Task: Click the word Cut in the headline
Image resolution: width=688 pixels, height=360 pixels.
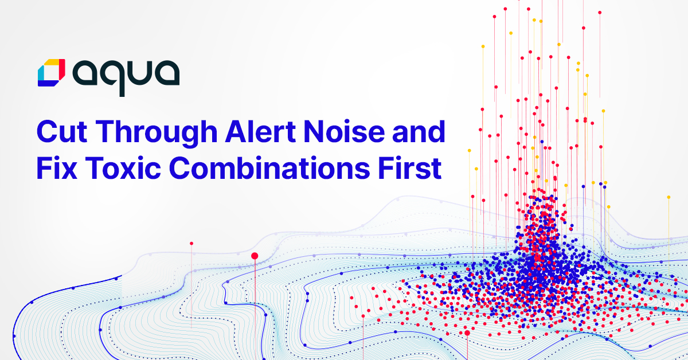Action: tap(62, 132)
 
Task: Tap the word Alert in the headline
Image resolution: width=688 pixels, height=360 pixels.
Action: tap(260, 131)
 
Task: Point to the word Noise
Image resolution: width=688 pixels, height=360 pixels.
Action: tap(344, 131)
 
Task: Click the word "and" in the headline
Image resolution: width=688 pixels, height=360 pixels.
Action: tap(419, 131)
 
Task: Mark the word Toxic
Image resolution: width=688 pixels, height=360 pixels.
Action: tap(123, 168)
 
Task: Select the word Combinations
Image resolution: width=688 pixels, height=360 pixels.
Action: tap(269, 168)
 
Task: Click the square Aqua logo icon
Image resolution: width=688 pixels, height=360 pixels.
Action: tap(51, 73)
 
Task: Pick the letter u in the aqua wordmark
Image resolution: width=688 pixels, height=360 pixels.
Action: tap(136, 73)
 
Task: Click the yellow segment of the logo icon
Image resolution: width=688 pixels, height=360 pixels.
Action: tap(53, 62)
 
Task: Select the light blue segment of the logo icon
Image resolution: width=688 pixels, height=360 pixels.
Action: tap(41, 74)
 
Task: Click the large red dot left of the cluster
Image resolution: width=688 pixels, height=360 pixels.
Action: tap(255, 256)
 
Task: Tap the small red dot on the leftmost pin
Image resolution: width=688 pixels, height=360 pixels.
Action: tap(191, 244)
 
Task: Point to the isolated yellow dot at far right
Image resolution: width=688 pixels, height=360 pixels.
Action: tap(669, 197)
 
